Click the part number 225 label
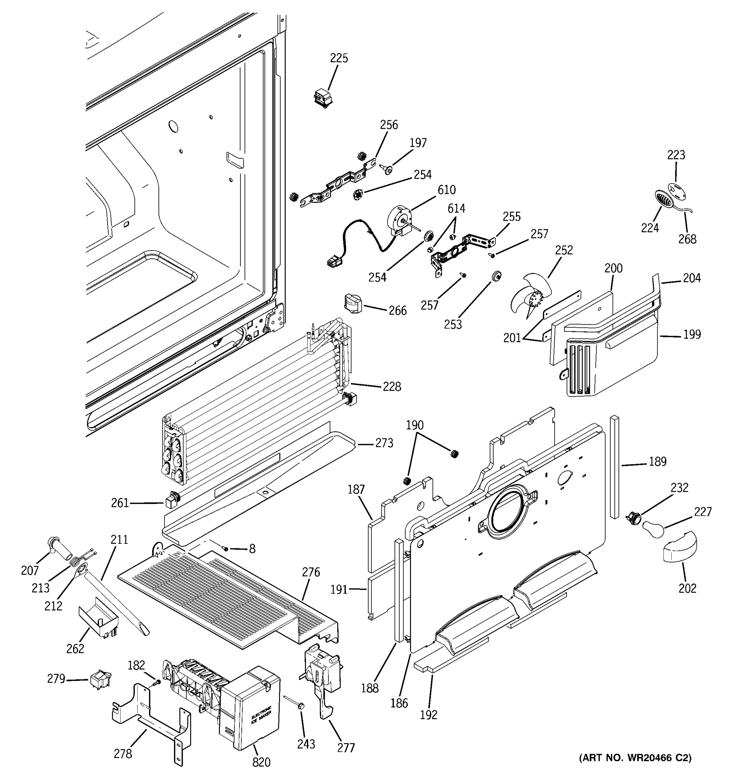click(x=339, y=58)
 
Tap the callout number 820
click(x=261, y=762)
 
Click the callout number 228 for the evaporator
click(x=391, y=387)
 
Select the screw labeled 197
click(x=388, y=169)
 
